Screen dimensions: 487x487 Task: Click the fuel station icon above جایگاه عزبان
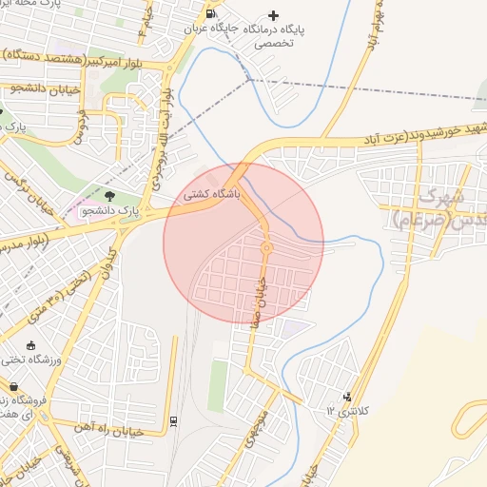(x=210, y=14)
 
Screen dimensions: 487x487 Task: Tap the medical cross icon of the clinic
(x=275, y=15)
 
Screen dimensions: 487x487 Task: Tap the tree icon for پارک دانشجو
(x=109, y=196)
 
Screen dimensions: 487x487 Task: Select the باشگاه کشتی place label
(x=213, y=192)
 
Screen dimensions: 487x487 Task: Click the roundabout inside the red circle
(x=267, y=249)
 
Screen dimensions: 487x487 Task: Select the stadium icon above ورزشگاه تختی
(x=32, y=345)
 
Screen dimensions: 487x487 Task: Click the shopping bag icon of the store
(x=13, y=386)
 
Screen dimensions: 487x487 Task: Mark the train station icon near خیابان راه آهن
(x=173, y=419)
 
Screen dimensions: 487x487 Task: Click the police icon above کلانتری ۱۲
(x=347, y=396)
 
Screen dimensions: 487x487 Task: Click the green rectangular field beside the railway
(x=218, y=384)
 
